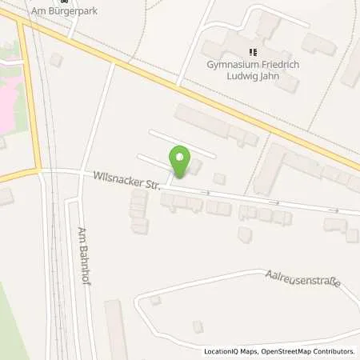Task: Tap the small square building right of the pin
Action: tap(218, 178)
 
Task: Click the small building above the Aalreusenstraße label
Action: tap(245, 234)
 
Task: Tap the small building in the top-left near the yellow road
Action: tap(55, 60)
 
